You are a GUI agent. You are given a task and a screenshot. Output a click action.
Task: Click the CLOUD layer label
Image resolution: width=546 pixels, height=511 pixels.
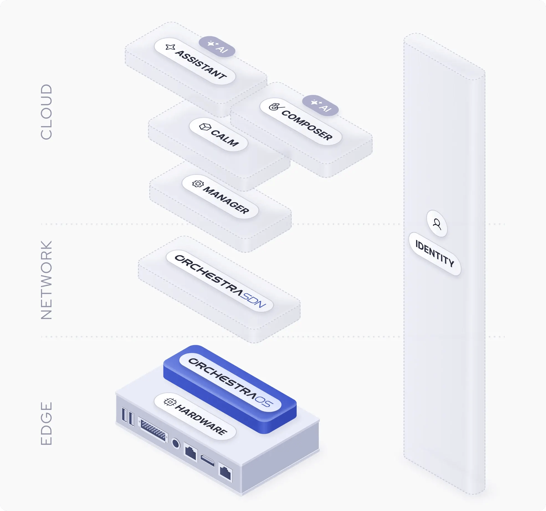(46, 112)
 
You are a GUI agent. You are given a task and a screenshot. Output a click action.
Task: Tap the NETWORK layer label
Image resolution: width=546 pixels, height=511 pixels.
(46, 280)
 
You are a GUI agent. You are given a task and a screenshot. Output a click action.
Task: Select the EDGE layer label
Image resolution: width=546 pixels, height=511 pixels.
(46, 423)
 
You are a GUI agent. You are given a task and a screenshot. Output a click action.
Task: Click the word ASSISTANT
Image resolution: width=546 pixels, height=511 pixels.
(201, 65)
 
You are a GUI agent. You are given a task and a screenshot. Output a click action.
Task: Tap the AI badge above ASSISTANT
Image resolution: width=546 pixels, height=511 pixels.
(217, 47)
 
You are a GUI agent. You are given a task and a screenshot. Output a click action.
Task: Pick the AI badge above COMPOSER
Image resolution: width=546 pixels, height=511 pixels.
(320, 106)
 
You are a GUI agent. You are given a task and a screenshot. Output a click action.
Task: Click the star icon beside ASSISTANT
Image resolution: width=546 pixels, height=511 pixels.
(170, 47)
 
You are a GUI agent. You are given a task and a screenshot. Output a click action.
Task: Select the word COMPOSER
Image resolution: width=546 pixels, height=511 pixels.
(307, 125)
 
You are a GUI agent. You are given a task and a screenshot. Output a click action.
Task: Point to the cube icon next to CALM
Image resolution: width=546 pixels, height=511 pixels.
(205, 127)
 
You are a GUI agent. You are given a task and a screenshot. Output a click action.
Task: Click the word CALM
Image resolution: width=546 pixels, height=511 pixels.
(225, 138)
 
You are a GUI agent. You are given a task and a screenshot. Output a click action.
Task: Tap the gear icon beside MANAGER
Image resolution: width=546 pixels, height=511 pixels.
(198, 184)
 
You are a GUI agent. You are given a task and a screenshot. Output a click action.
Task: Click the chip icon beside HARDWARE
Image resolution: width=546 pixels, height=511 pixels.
(170, 402)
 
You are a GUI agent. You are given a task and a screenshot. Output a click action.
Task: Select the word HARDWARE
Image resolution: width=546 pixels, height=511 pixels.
(201, 420)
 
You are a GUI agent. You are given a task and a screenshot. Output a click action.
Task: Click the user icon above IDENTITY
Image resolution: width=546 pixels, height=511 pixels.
(437, 224)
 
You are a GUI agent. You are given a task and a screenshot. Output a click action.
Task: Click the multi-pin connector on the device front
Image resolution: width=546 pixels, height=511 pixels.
(153, 429)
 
